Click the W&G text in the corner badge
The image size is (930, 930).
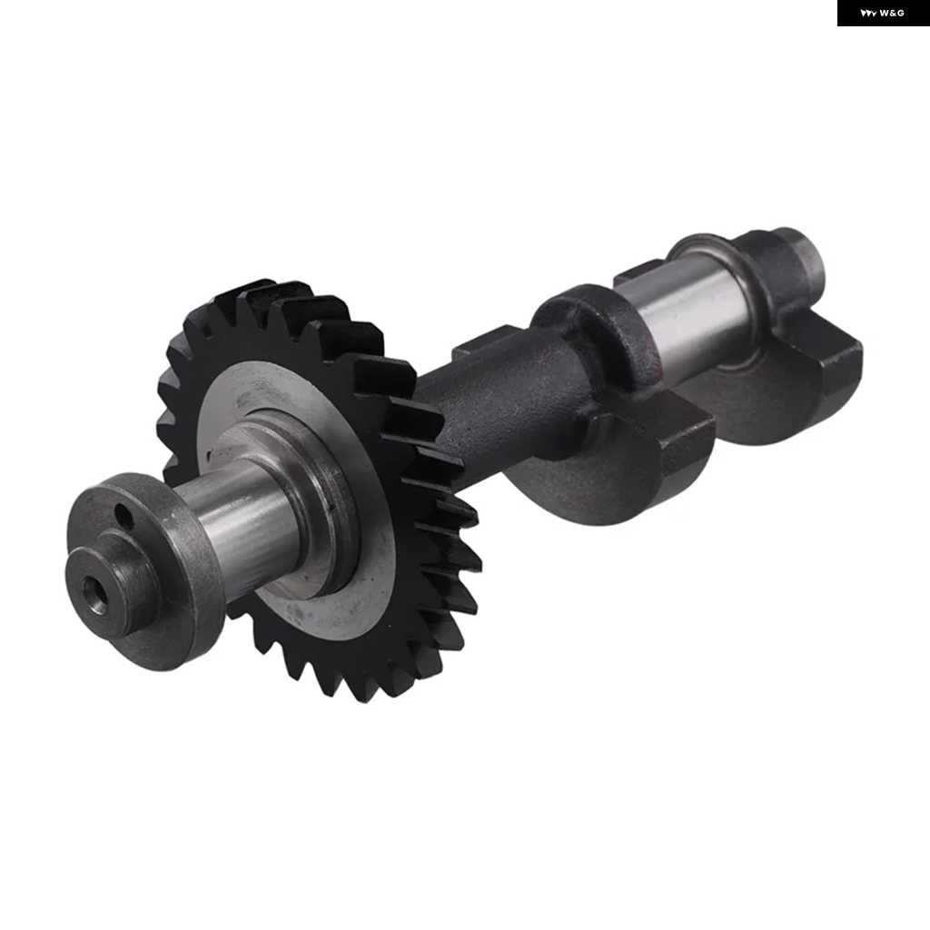pyautogui.click(x=892, y=13)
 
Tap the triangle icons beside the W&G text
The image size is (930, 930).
pyautogui.click(x=868, y=13)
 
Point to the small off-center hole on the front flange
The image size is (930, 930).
pyautogui.click(x=123, y=518)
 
